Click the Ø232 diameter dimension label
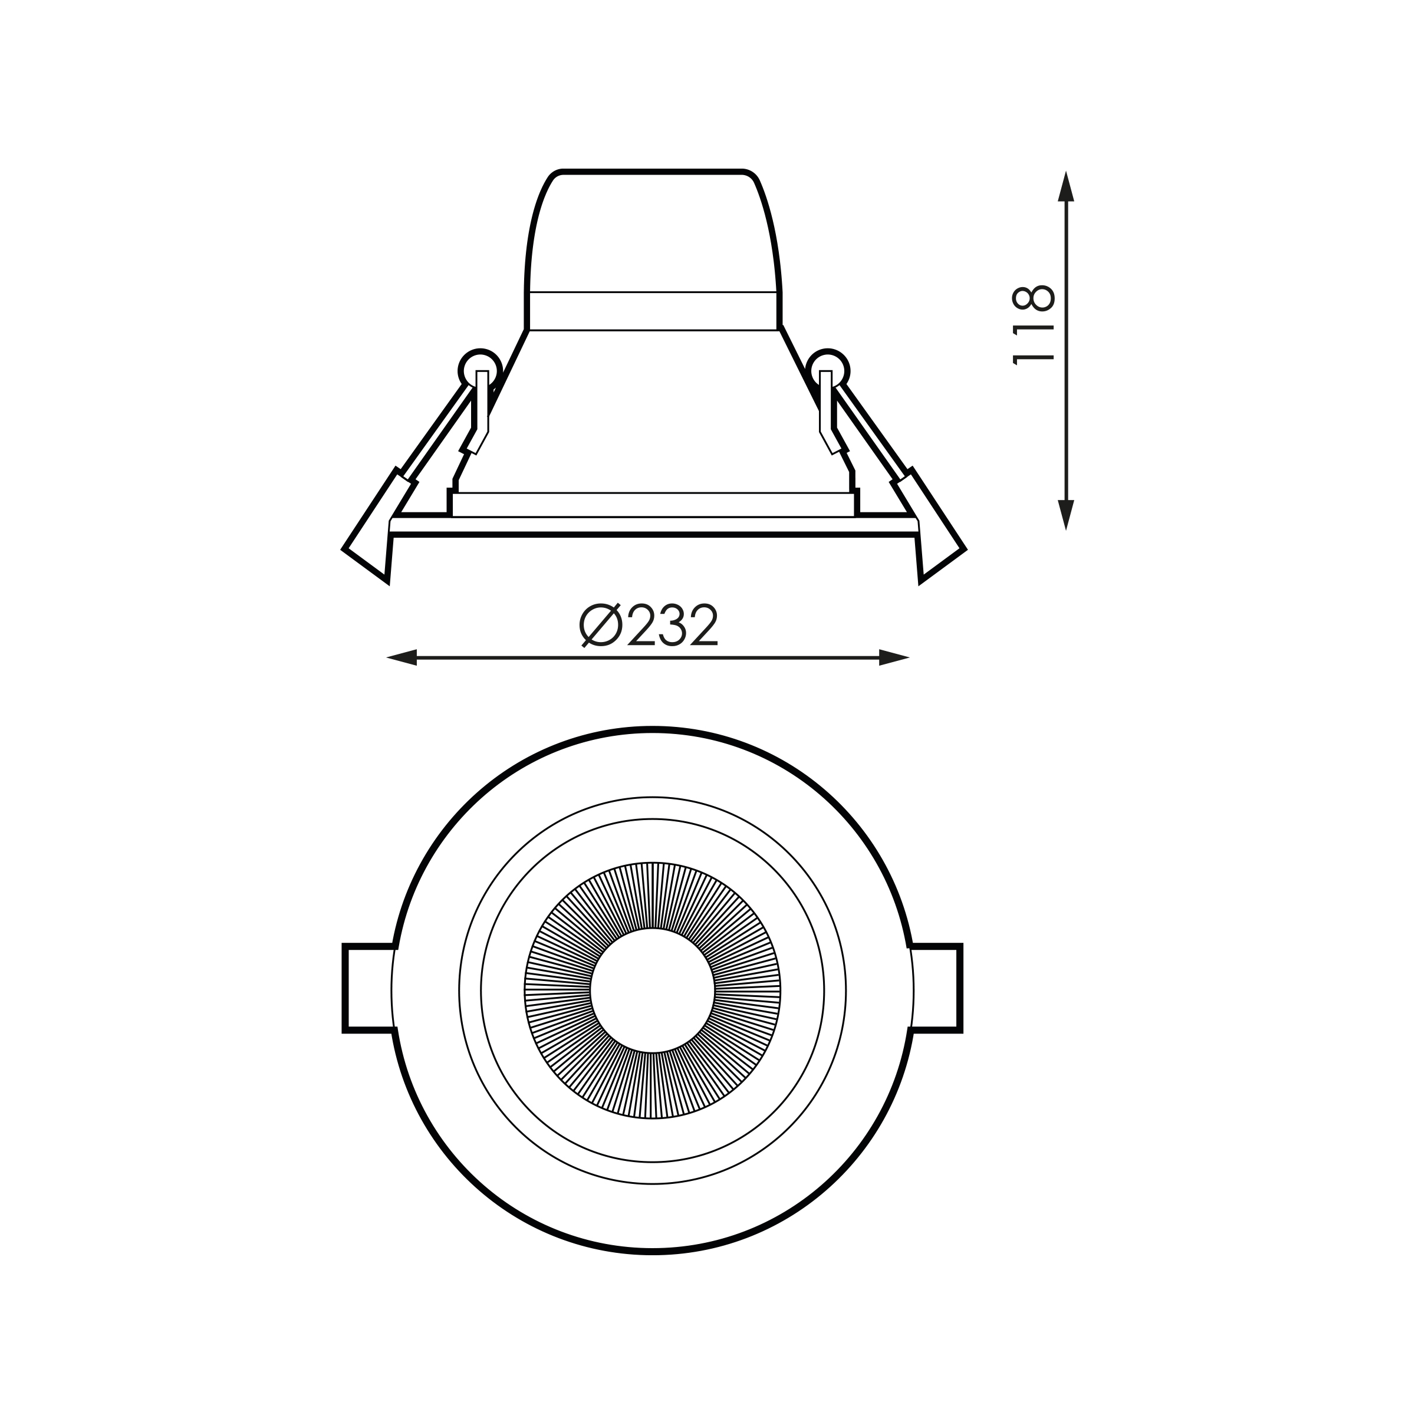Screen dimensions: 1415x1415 (650, 626)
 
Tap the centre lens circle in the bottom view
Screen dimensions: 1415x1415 (652, 991)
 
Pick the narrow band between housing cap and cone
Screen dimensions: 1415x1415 (652, 311)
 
